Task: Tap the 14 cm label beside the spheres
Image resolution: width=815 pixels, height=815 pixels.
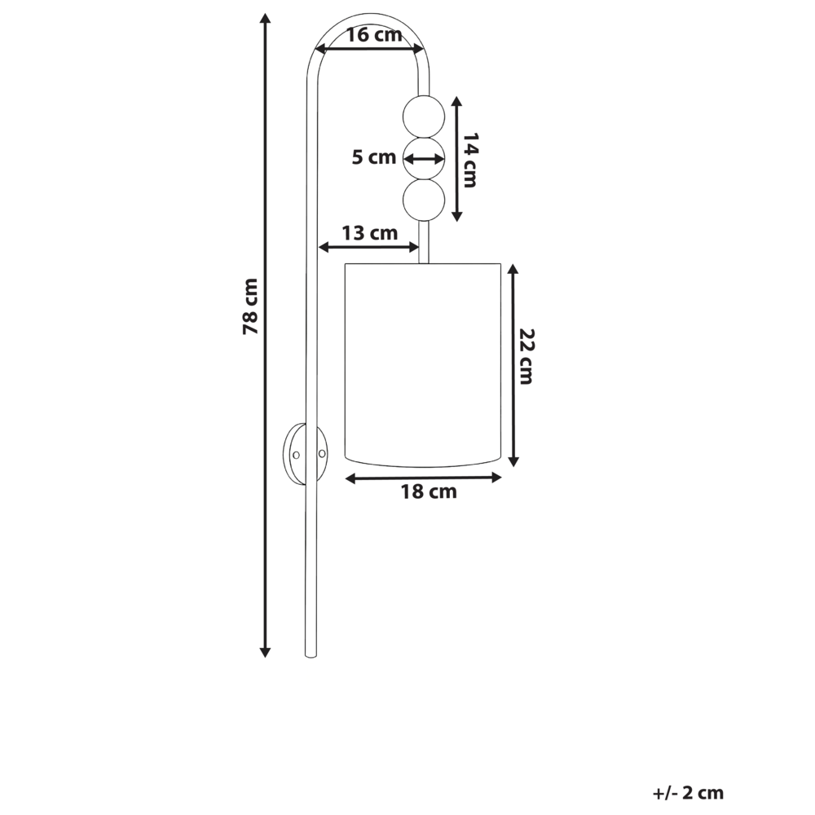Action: point(468,160)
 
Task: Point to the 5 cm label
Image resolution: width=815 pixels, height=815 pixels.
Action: point(373,157)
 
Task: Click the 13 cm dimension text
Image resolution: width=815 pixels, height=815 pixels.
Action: point(369,233)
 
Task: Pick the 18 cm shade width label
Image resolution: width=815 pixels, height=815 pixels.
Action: point(428,491)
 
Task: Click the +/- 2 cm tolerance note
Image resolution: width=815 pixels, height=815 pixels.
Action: point(688,792)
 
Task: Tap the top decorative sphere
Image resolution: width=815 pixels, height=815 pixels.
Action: point(425,116)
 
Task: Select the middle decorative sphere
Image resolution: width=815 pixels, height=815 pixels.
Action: point(425,157)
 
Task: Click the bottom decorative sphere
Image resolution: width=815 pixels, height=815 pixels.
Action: point(425,199)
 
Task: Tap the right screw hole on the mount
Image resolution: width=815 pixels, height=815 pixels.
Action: point(322,453)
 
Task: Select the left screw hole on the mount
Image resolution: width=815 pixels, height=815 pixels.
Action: point(297,454)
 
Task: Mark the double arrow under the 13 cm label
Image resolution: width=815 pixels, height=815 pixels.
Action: point(368,247)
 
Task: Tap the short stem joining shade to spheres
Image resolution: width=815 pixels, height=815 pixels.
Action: point(424,242)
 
